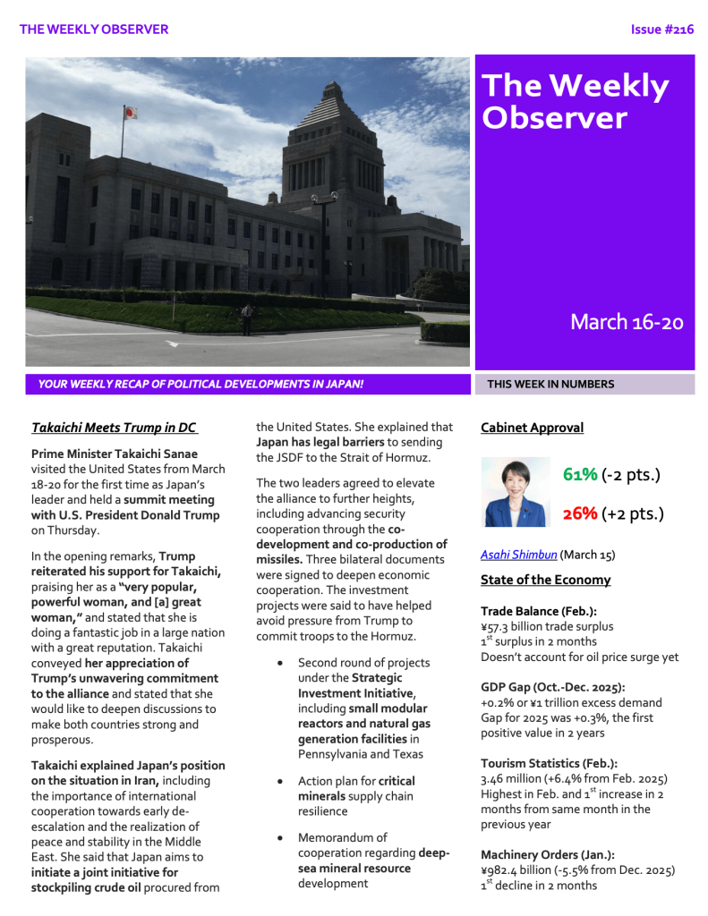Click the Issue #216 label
point(661,30)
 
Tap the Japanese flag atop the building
point(130,113)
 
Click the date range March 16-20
point(627,322)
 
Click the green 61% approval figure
point(580,474)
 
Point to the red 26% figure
point(580,513)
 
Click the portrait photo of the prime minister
point(516,492)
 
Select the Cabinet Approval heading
point(532,428)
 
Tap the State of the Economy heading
point(545,580)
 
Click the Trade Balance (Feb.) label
point(539,611)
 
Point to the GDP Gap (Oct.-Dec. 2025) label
point(552,687)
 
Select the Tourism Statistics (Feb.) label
point(549,763)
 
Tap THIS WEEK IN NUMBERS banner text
point(550,385)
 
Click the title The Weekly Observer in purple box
point(576,101)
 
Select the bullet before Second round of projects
point(281,663)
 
